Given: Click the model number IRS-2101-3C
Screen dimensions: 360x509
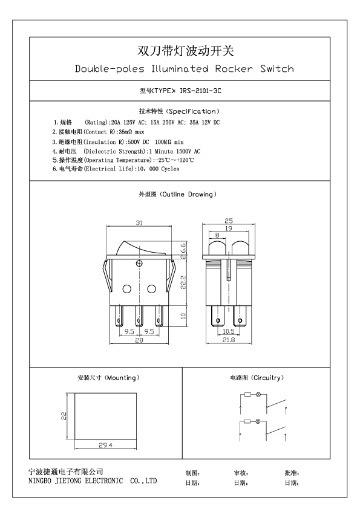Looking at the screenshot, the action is click(x=200, y=91).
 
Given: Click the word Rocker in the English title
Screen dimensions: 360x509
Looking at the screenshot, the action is click(x=234, y=69).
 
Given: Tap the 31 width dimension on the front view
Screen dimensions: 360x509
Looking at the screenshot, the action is click(x=139, y=222).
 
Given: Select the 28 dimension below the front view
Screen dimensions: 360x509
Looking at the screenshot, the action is click(x=139, y=340).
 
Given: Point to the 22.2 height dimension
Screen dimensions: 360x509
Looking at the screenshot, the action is click(x=183, y=282).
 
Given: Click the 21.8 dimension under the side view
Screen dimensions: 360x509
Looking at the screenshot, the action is click(x=229, y=340).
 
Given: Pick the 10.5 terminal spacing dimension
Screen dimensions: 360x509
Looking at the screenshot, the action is click(x=229, y=331).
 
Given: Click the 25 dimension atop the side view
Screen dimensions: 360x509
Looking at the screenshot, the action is click(x=229, y=221).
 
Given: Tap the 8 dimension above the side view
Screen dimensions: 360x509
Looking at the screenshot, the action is click(x=217, y=235).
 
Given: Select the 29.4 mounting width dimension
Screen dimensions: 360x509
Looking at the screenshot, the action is click(x=106, y=446).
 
